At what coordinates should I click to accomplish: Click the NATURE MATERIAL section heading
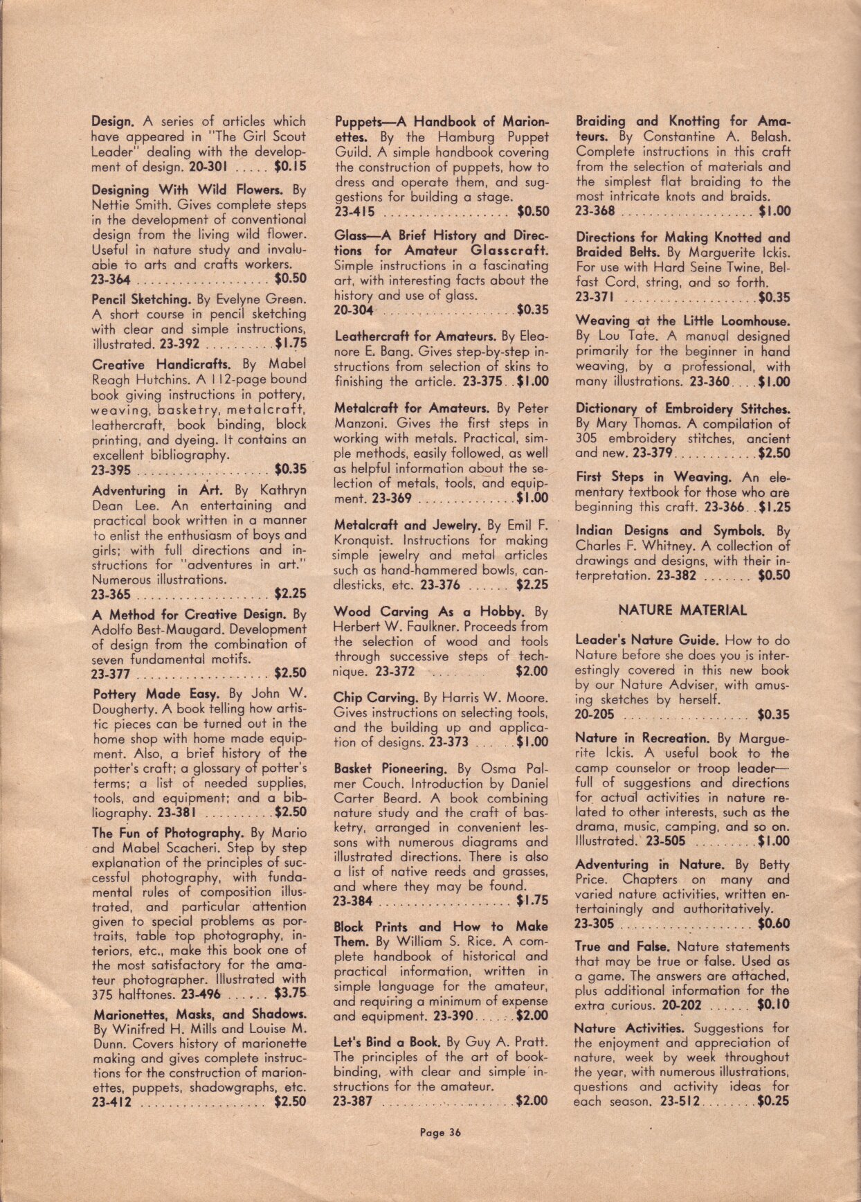(x=682, y=611)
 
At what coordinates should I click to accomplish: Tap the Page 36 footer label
(x=440, y=1133)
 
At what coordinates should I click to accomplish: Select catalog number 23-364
(x=110, y=280)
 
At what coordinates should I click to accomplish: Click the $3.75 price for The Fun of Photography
(x=291, y=994)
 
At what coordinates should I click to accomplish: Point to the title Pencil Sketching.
(x=141, y=300)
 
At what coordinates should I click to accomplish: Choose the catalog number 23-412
(x=111, y=1102)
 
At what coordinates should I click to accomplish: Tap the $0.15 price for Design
(x=290, y=167)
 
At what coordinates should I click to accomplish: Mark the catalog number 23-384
(x=353, y=901)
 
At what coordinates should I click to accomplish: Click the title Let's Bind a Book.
(x=386, y=1041)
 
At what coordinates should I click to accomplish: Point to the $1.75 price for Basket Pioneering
(x=532, y=901)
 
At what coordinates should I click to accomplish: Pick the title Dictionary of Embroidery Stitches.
(x=682, y=409)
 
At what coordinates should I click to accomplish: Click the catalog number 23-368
(x=595, y=212)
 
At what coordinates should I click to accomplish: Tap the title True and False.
(x=622, y=947)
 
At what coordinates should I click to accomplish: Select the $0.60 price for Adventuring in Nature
(x=773, y=924)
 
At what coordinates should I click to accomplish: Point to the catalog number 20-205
(x=594, y=715)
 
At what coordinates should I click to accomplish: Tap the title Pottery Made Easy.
(x=156, y=694)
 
